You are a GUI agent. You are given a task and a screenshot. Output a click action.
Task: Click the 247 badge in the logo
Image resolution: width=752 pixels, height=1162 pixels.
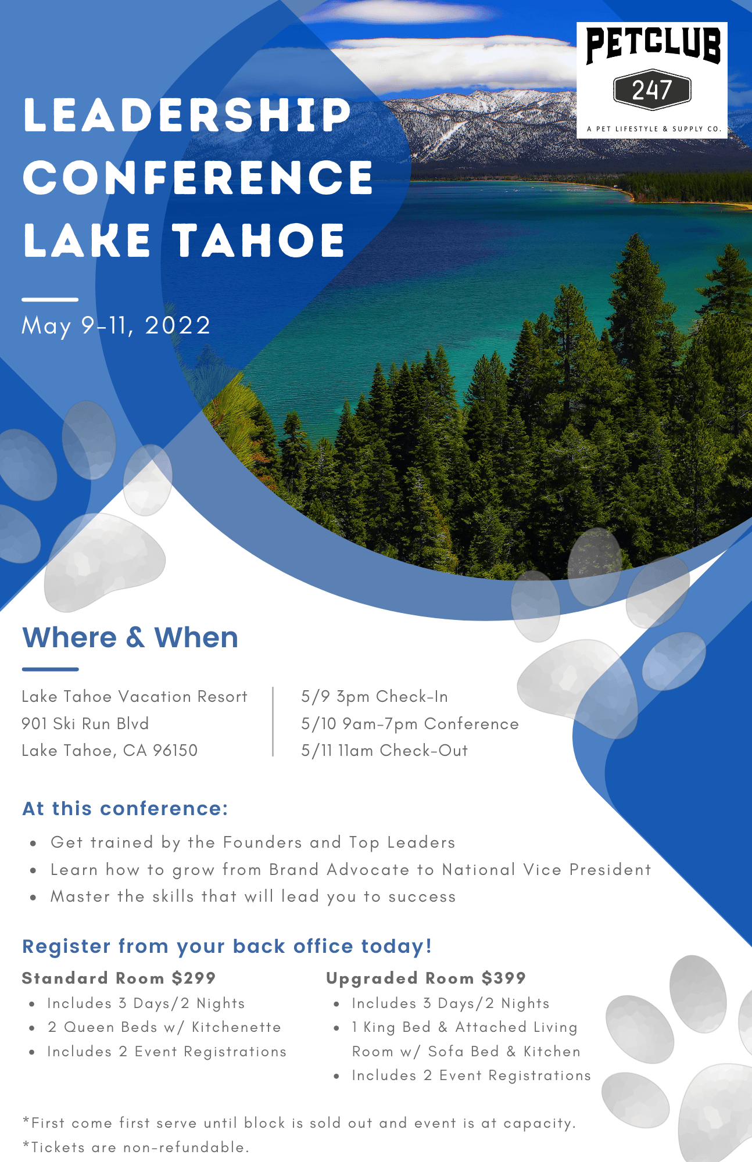coord(652,90)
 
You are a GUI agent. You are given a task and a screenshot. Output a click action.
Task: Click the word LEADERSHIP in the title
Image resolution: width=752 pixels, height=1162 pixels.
coord(187,114)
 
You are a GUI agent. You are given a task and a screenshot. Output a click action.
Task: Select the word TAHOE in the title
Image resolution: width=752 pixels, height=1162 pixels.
coord(259,240)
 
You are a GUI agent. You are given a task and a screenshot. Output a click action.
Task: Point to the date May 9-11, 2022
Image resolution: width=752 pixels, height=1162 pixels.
coord(116,325)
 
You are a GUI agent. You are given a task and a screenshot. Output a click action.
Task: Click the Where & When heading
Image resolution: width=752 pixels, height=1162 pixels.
coord(130,637)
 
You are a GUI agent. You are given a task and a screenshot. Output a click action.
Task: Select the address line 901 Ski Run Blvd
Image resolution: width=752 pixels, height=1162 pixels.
coord(85,723)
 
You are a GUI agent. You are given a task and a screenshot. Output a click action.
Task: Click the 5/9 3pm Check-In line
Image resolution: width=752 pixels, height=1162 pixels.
coord(375,696)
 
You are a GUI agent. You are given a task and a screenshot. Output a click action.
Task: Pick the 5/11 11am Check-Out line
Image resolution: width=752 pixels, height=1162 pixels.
coord(385,751)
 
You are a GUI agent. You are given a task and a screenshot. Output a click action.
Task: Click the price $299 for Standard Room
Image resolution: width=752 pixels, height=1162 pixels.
coord(194,978)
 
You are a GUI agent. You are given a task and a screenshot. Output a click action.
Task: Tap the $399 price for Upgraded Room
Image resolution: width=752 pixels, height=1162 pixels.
coord(504,978)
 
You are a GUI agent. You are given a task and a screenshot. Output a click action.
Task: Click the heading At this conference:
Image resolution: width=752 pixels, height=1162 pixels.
coord(125,808)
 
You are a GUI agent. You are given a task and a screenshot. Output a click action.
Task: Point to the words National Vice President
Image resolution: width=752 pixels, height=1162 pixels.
coord(546,869)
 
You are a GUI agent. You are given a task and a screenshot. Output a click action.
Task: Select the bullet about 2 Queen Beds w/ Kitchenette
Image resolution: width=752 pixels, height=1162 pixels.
coord(164,1027)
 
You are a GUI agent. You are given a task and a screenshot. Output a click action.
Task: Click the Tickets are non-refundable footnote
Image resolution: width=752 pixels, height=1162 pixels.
coord(136,1147)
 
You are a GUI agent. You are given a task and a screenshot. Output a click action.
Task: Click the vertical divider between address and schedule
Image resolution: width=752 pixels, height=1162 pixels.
coord(273,722)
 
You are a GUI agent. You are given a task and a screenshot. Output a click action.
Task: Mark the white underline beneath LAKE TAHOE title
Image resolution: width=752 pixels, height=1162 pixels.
coord(50,299)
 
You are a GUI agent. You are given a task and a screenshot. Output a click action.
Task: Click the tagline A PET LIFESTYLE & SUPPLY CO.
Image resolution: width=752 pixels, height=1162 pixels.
coord(654,129)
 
